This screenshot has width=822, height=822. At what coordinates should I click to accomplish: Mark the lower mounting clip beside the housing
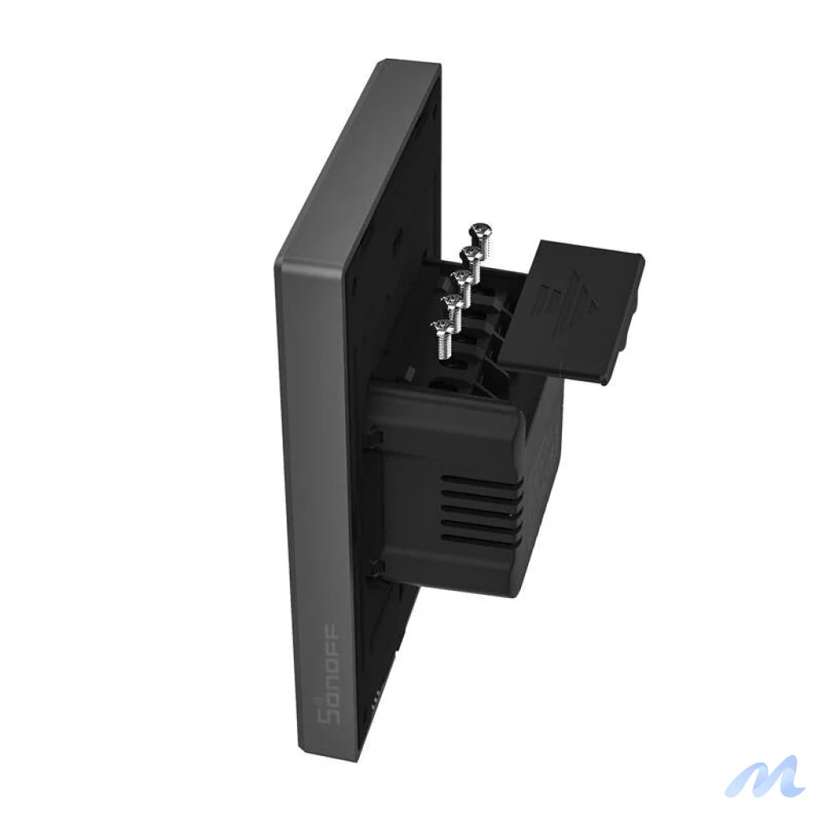pyautogui.click(x=374, y=568)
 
